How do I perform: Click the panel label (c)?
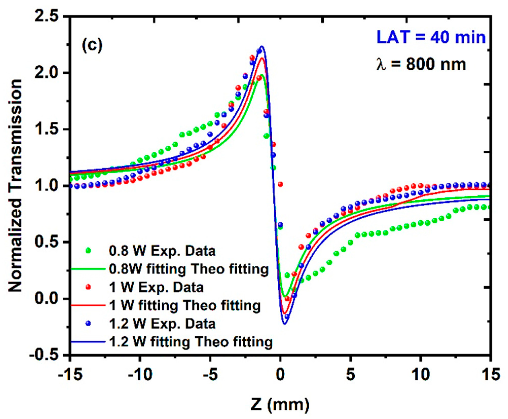(92, 46)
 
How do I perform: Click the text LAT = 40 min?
(431, 37)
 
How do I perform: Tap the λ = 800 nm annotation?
(421, 64)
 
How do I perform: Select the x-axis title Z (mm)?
(280, 404)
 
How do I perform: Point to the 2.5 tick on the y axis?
(46, 17)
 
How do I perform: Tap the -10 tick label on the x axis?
(140, 374)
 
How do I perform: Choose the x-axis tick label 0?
(280, 374)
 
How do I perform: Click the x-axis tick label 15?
(491, 374)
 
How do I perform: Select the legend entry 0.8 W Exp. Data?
(162, 251)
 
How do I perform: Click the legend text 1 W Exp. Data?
(156, 288)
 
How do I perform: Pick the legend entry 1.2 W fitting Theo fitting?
(191, 342)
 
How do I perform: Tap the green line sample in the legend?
(88, 269)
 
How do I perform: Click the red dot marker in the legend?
(88, 287)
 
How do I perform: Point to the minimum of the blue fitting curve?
(285, 323)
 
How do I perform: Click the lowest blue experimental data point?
(287, 317)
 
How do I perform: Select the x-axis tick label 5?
(350, 374)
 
